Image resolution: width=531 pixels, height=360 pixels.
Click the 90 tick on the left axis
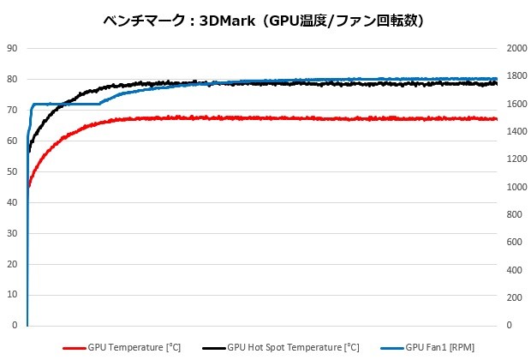click(12, 49)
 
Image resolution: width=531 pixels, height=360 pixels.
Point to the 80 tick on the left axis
click(12, 80)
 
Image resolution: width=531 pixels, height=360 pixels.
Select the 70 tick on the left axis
click(12, 111)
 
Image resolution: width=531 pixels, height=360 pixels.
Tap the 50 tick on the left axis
click(12, 172)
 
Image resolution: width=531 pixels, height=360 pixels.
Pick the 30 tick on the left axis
click(12, 234)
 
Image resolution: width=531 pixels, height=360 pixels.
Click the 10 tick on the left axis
click(12, 296)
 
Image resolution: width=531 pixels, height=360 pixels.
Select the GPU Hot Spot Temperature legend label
click(294, 347)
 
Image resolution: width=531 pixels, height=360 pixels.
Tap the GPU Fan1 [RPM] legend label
click(439, 347)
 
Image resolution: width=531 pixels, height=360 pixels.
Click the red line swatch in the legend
click(75, 348)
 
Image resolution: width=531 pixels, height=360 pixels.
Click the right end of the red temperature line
click(496, 119)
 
